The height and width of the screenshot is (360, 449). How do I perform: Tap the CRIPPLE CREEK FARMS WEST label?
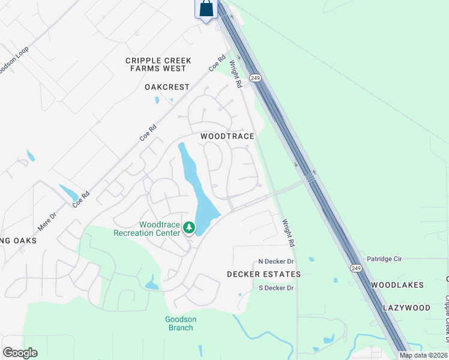(158, 64)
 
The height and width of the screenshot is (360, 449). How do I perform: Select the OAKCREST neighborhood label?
(167, 87)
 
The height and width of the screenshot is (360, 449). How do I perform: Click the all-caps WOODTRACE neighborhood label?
(228, 136)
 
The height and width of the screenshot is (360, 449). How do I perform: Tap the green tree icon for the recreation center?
(189, 227)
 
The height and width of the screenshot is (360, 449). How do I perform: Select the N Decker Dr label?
(276, 262)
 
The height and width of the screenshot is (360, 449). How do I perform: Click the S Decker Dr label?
(276, 288)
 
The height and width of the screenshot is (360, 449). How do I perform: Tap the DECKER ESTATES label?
(264, 274)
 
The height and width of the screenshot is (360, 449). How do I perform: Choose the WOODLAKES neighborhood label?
(397, 285)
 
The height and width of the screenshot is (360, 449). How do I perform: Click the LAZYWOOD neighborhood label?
(407, 308)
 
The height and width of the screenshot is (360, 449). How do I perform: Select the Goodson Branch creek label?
(181, 323)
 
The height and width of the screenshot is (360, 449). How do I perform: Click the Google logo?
(20, 353)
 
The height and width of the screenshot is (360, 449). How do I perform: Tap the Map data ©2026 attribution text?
(423, 355)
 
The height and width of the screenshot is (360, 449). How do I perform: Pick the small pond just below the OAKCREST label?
(157, 100)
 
